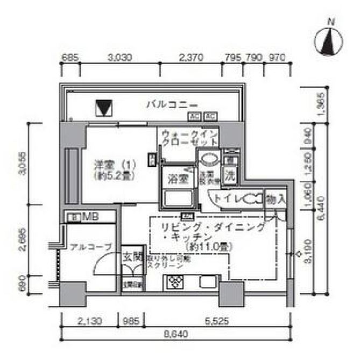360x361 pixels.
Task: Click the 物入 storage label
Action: coord(276,199)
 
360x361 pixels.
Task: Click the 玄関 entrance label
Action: coord(131,257)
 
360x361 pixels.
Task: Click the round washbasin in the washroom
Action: coord(209,159)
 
